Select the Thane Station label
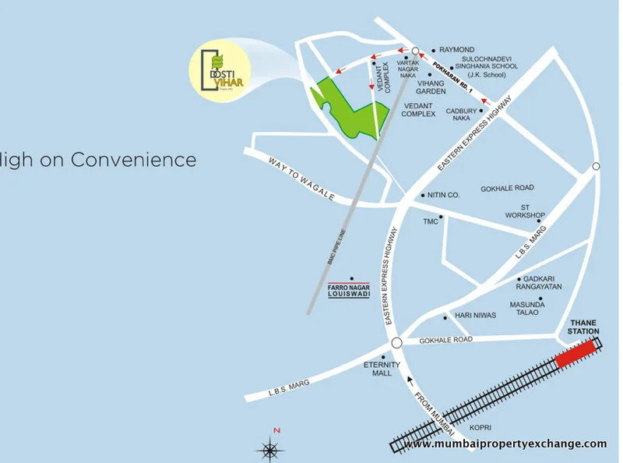coord(585,326)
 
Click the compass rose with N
coord(269,448)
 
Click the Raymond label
coord(457,48)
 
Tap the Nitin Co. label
coord(445,195)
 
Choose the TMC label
coord(431,221)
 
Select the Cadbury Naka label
coord(461,115)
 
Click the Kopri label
coord(480,428)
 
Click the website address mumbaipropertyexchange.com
coord(505,444)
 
